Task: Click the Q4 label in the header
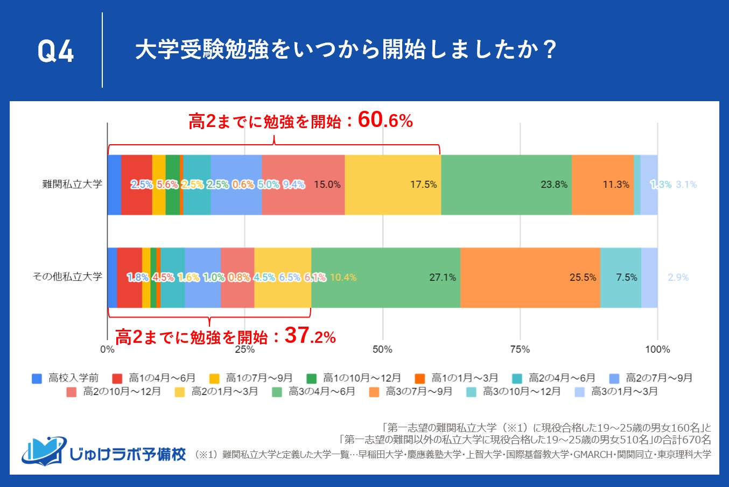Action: pos(55,52)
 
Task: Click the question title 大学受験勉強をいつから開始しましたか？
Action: pos(345,50)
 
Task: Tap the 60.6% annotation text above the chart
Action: pos(300,121)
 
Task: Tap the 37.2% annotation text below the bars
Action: pos(226,337)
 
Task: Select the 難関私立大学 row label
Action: pos(72,184)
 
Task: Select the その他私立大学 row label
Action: pos(67,277)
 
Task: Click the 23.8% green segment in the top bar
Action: pos(506,185)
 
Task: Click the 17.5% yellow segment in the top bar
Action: pos(392,185)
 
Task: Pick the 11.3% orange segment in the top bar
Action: pos(602,185)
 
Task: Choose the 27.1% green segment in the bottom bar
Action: pos(385,278)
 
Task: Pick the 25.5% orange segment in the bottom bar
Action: pos(530,278)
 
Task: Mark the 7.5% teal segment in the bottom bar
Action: pos(620,278)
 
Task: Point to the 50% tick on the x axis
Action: pos(382,349)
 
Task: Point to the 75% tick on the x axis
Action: pos(520,349)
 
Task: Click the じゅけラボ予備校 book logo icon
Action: pos(44,450)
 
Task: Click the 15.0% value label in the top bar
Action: pos(327,185)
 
